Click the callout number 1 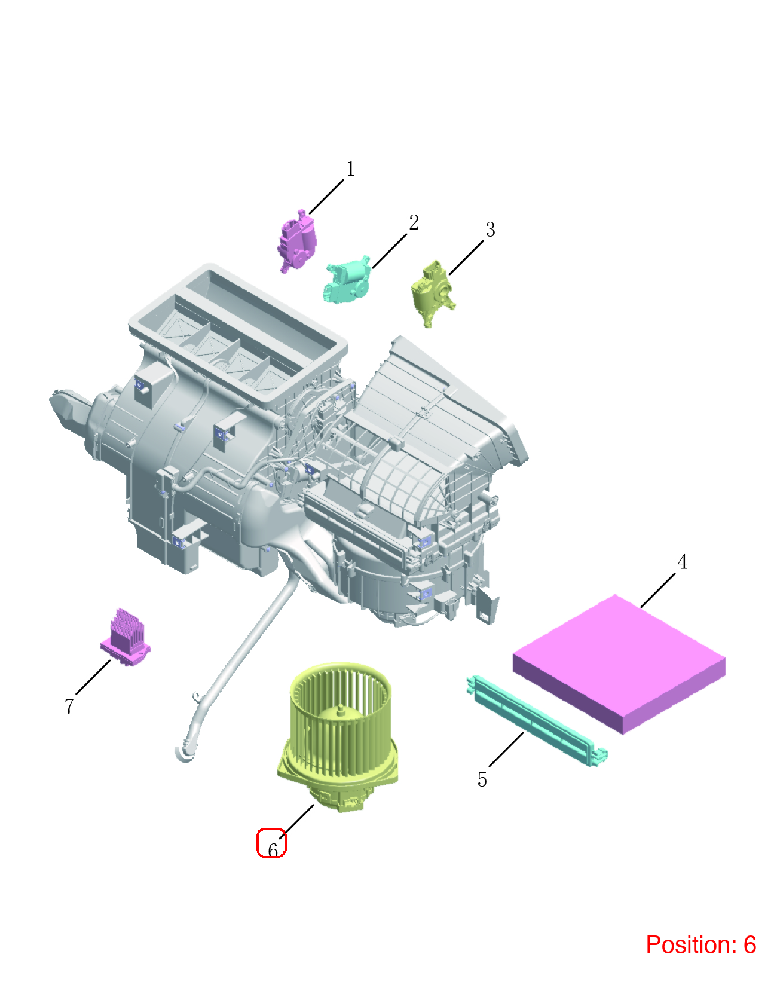coord(350,169)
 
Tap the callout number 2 coord(414,223)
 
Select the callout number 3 coord(490,230)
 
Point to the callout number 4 coord(682,562)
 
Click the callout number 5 coord(482,779)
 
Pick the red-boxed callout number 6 coord(273,850)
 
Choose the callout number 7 coord(69,706)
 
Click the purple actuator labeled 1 coord(297,241)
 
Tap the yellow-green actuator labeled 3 coord(433,293)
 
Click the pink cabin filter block coord(619,663)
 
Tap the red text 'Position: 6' coord(700,944)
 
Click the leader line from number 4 coord(657,591)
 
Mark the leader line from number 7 coord(93,677)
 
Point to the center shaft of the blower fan coord(340,711)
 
